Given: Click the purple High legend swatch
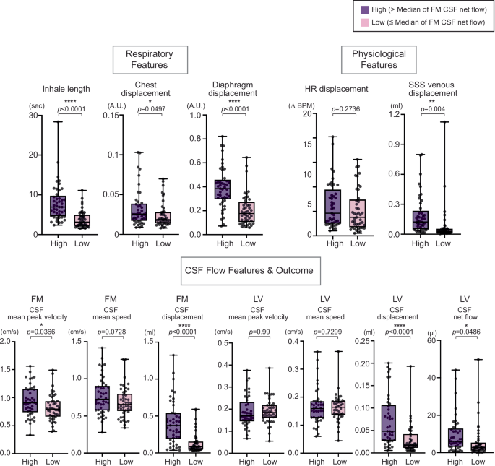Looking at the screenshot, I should click(365, 10).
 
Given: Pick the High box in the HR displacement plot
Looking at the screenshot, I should click(334, 207).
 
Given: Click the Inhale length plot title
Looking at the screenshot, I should click(66, 89).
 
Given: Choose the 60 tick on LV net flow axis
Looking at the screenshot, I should click(436, 341).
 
